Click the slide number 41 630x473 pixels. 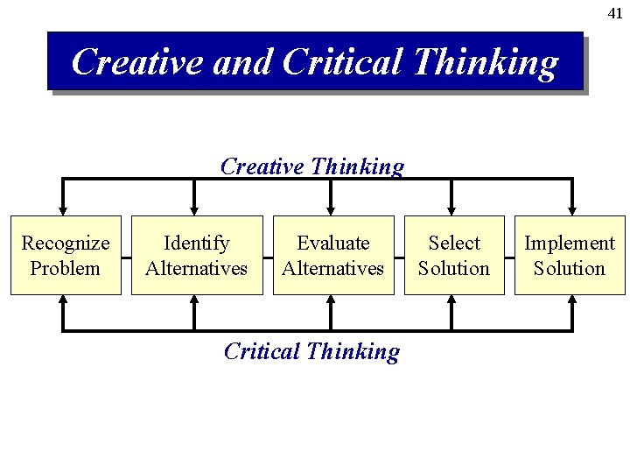click(x=615, y=14)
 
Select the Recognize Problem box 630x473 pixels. click(x=66, y=255)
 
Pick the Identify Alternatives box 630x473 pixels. click(x=197, y=255)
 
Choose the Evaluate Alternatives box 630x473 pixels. click(x=333, y=255)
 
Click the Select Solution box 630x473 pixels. click(x=454, y=255)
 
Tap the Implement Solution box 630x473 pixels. click(x=570, y=255)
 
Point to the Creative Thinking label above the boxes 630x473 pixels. click(x=312, y=166)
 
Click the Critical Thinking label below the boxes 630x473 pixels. click(x=311, y=351)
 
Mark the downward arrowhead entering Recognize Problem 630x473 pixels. click(x=63, y=210)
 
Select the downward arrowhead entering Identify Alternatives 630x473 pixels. click(x=194, y=210)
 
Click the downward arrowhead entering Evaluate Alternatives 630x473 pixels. click(x=330, y=210)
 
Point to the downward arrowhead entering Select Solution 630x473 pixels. click(x=451, y=210)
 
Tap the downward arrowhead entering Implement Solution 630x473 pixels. click(x=571, y=210)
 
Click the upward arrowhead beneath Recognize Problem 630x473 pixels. click(x=63, y=300)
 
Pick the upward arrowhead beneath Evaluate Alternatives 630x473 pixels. click(x=330, y=300)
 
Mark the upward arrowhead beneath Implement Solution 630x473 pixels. click(x=571, y=300)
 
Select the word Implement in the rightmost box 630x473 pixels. click(x=570, y=243)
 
